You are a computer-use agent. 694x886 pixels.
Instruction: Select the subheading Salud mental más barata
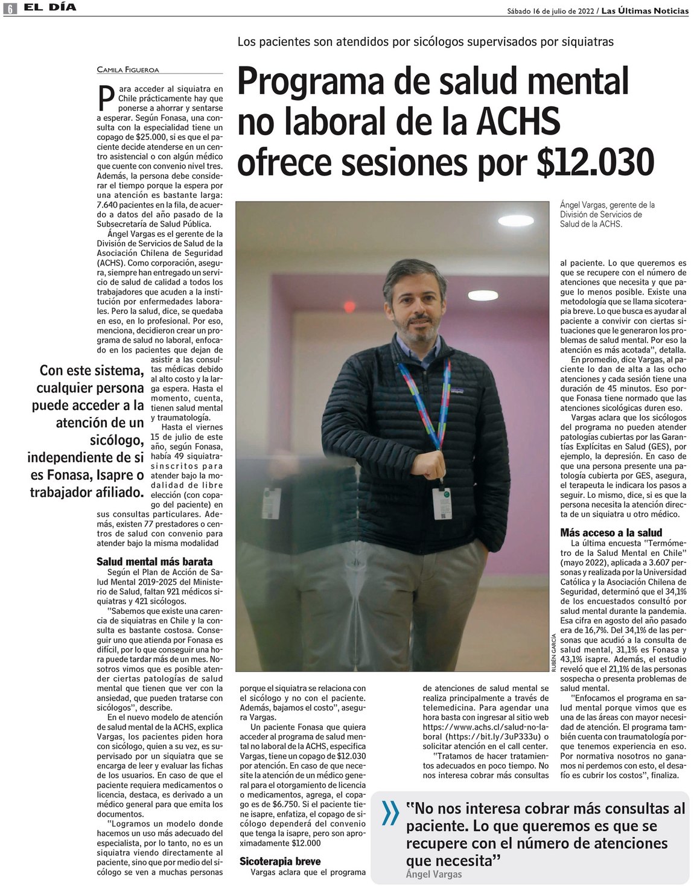(154, 561)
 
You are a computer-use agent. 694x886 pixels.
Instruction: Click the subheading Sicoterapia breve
(280, 861)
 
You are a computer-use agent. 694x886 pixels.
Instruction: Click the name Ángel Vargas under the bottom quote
(433, 874)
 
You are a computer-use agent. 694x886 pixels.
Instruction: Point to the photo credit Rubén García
(553, 652)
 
